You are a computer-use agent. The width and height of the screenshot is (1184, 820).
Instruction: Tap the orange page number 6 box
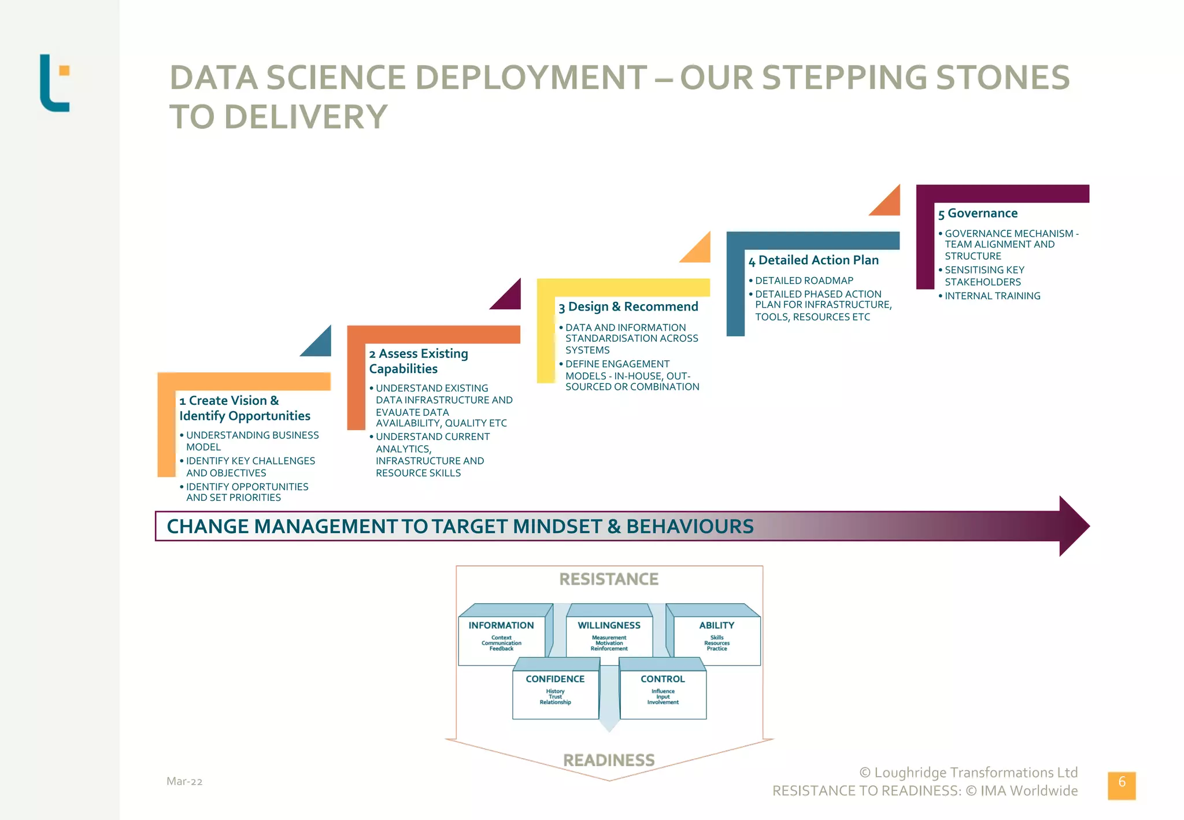tap(1121, 785)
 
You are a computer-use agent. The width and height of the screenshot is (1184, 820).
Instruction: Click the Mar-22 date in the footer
tap(184, 781)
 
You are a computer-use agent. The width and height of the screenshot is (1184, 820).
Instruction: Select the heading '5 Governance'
tap(978, 213)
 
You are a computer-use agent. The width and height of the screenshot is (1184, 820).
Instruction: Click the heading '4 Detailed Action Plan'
tap(813, 260)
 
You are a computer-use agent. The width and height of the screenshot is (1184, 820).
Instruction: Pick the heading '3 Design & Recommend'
tap(628, 306)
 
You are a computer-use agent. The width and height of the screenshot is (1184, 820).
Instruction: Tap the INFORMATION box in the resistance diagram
tap(501, 636)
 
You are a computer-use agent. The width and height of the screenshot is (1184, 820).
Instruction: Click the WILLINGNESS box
tap(609, 636)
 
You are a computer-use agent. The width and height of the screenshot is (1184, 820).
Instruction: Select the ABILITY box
tap(716, 636)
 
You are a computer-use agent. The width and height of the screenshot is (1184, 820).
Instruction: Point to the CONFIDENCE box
tap(555, 690)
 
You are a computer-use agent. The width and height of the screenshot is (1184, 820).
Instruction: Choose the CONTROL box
tap(663, 690)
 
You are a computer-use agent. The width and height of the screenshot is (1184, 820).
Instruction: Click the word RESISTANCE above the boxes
tap(609, 579)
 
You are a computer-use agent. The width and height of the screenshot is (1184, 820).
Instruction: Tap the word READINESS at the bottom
tap(609, 760)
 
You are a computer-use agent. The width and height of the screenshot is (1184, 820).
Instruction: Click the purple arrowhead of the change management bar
tap(1073, 526)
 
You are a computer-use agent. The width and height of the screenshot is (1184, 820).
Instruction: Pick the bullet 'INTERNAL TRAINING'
tap(992, 296)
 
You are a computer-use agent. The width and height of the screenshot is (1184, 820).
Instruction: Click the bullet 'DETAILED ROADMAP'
tap(804, 280)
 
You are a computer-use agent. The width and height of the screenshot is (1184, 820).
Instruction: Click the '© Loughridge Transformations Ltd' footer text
tap(968, 773)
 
